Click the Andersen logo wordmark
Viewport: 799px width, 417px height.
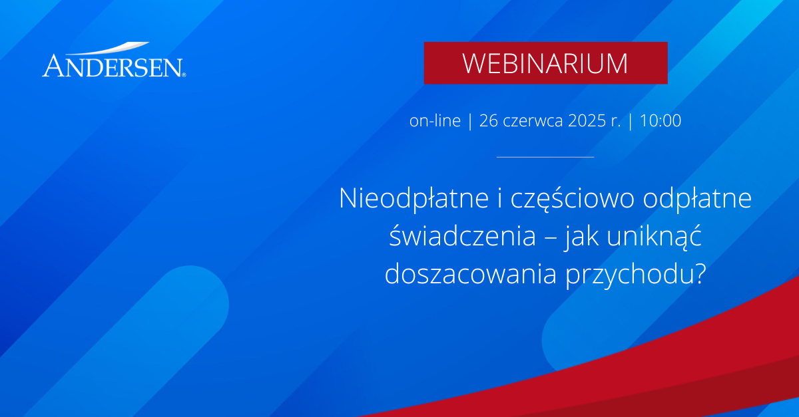pyautogui.click(x=113, y=66)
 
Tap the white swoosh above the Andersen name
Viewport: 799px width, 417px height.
pyautogui.click(x=107, y=49)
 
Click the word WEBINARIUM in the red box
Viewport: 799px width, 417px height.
pyautogui.click(x=545, y=64)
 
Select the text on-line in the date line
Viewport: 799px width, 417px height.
pyautogui.click(x=435, y=120)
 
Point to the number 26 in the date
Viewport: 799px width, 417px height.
pyautogui.click(x=488, y=120)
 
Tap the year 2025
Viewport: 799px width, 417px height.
pyautogui.click(x=587, y=120)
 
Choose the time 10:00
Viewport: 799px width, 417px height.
pyautogui.click(x=661, y=120)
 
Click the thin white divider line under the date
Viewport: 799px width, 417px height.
pyautogui.click(x=545, y=157)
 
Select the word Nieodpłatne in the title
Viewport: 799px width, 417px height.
pyautogui.click(x=413, y=199)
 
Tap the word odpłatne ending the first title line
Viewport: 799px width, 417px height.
pyautogui.click(x=697, y=199)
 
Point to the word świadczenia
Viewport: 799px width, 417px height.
pyautogui.click(x=462, y=235)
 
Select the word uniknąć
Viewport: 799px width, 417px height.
pyautogui.click(x=654, y=237)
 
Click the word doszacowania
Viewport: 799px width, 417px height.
pyautogui.click(x=471, y=274)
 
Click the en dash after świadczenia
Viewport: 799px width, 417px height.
pyautogui.click(x=549, y=238)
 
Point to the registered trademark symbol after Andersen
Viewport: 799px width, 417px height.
pyautogui.click(x=184, y=75)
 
